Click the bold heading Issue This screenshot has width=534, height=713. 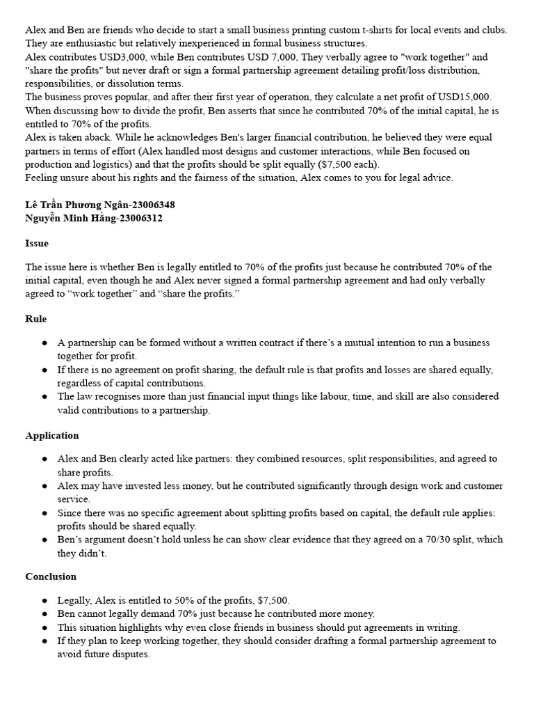[37, 244]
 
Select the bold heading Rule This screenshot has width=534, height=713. [36, 319]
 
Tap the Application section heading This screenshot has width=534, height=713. [52, 435]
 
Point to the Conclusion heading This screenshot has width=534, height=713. [51, 577]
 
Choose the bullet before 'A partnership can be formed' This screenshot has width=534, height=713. [44, 343]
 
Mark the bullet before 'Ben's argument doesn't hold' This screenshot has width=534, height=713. [44, 540]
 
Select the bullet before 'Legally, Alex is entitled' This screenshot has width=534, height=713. [44, 600]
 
